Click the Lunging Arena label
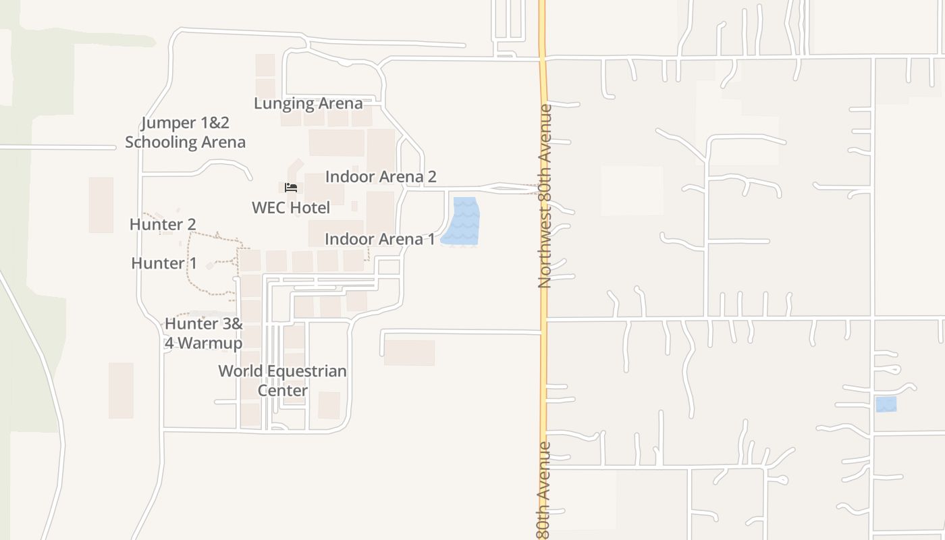pos(308,103)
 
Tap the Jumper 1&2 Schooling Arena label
pos(185,132)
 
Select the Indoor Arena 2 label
pos(381,177)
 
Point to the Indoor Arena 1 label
pos(379,239)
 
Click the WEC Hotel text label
pos(291,207)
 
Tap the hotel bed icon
pos(291,188)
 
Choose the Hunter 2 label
pos(163,224)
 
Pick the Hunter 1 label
pos(164,263)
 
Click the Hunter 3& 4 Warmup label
pos(203,333)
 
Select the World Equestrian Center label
pos(282,381)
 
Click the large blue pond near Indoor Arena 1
pos(462,221)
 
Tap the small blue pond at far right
pos(886,404)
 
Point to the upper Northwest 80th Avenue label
pos(545,196)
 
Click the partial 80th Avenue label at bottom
pos(544,489)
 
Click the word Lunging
pos(281,103)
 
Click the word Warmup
pos(212,343)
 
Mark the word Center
pos(282,390)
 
